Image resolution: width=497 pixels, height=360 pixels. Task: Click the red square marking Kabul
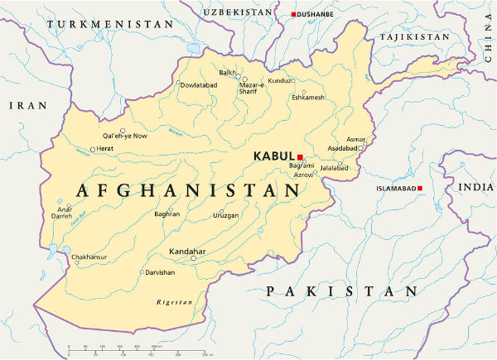click(301, 156)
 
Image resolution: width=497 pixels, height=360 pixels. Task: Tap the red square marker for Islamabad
click(420, 189)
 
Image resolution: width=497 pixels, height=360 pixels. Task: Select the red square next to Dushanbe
click(294, 15)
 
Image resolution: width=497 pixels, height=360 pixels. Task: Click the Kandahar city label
click(187, 250)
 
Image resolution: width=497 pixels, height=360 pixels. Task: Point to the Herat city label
click(105, 148)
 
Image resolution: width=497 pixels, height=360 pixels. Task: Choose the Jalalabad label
click(334, 168)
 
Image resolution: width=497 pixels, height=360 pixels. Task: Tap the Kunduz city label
click(280, 80)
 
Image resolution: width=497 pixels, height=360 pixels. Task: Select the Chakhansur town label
click(89, 257)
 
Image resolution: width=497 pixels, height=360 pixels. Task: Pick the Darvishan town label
click(161, 271)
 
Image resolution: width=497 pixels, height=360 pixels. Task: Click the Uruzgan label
click(225, 215)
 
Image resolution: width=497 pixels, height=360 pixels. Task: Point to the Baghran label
click(167, 214)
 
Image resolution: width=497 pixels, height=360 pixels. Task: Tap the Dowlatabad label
click(199, 84)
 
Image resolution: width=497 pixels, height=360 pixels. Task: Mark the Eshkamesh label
click(309, 98)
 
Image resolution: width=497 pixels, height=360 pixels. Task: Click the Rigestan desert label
click(174, 303)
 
